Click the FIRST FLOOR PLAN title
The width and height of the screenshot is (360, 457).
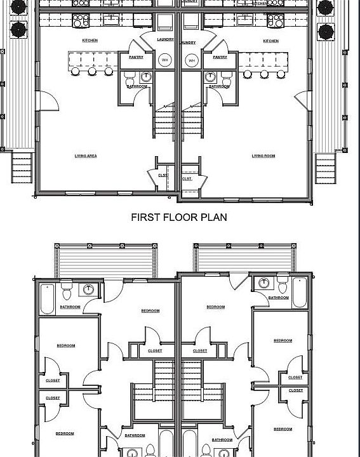pos(178,217)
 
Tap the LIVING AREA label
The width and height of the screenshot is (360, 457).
pos(85,156)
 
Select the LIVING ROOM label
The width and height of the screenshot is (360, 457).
pos(263,156)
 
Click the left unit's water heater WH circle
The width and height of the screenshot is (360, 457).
pos(165,60)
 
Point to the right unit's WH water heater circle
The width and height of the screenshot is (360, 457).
pos(190,60)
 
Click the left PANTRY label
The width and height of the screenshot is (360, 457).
pos(136,57)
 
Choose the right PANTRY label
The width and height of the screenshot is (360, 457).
pos(220,57)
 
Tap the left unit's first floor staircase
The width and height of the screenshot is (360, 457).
pos(164,122)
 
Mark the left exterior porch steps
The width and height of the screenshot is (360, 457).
pos(22,169)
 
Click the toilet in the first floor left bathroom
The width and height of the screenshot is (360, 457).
pos(130,79)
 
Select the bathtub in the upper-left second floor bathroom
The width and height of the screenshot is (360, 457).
pos(48,300)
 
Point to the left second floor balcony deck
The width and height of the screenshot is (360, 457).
pos(105,260)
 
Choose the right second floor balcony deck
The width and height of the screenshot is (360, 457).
pos(244,260)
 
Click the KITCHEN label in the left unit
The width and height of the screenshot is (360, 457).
pos(90,41)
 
